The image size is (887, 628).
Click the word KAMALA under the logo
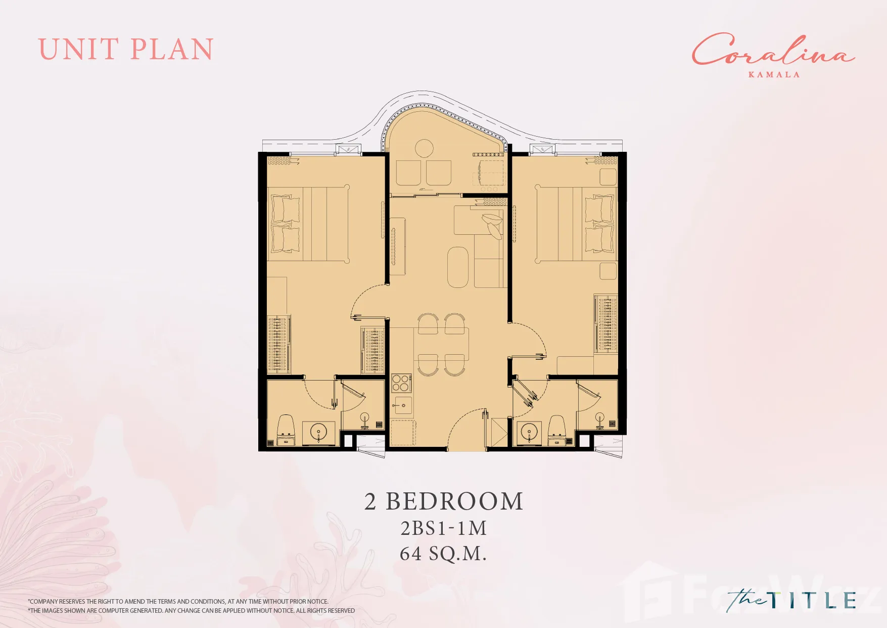pyautogui.click(x=774, y=74)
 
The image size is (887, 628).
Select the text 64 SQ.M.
pyautogui.click(x=443, y=554)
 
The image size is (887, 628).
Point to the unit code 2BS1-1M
pyautogui.click(x=444, y=528)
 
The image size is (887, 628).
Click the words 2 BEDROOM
pyautogui.click(x=444, y=501)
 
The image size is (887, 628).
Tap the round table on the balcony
pyautogui.click(x=424, y=149)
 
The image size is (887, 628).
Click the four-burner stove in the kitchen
pyautogui.click(x=401, y=383)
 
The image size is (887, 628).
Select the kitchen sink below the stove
pyautogui.click(x=403, y=405)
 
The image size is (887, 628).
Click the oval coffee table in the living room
pyautogui.click(x=458, y=267)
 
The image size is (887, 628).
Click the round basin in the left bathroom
pyautogui.click(x=319, y=433)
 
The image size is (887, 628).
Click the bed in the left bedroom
pyautogui.click(x=308, y=224)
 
